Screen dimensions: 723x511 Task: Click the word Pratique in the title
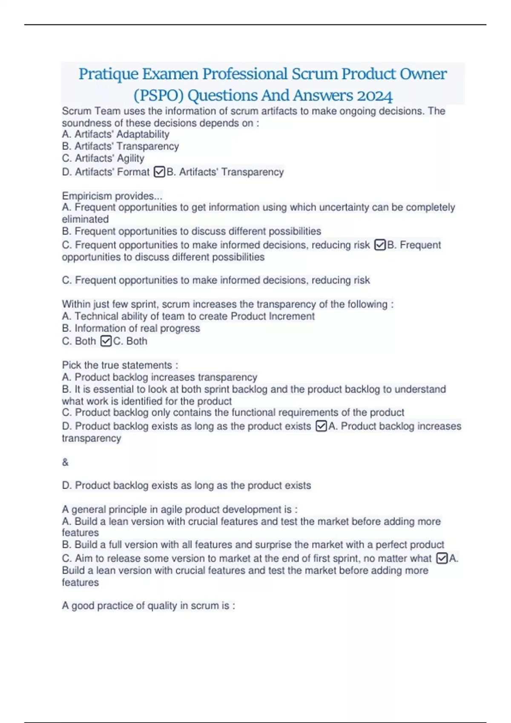pyautogui.click(x=108, y=74)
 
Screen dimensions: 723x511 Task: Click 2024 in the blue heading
pyautogui.click(x=375, y=96)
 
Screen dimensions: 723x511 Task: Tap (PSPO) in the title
pyautogui.click(x=158, y=96)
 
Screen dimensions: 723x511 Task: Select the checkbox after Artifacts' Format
pyautogui.click(x=159, y=172)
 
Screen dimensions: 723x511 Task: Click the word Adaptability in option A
pyautogui.click(x=143, y=134)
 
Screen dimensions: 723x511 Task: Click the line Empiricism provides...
pyautogui.click(x=112, y=196)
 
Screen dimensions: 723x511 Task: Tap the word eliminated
pyautogui.click(x=85, y=219)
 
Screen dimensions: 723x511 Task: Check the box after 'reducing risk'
pyautogui.click(x=379, y=245)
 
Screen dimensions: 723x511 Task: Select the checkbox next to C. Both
pyautogui.click(x=106, y=341)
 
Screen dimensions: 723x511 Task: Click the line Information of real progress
pyautogui.click(x=137, y=328)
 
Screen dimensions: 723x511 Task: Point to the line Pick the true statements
pyautogui.click(x=120, y=365)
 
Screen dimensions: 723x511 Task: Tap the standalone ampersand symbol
pyautogui.click(x=65, y=462)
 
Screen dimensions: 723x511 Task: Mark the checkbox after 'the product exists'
pyautogui.click(x=322, y=426)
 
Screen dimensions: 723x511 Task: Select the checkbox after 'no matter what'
pyautogui.click(x=442, y=558)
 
